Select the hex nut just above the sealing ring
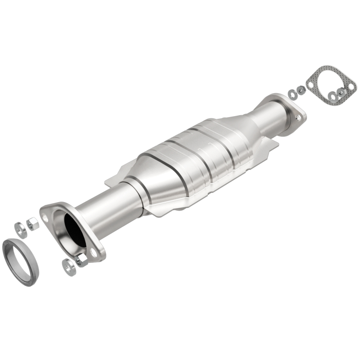[33, 223]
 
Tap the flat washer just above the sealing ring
[20, 228]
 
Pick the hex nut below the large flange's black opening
[81, 260]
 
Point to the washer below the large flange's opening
[68, 267]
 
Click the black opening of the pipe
[75, 229]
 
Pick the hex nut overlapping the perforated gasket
[341, 92]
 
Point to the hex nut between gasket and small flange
[300, 90]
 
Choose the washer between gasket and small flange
[292, 94]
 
